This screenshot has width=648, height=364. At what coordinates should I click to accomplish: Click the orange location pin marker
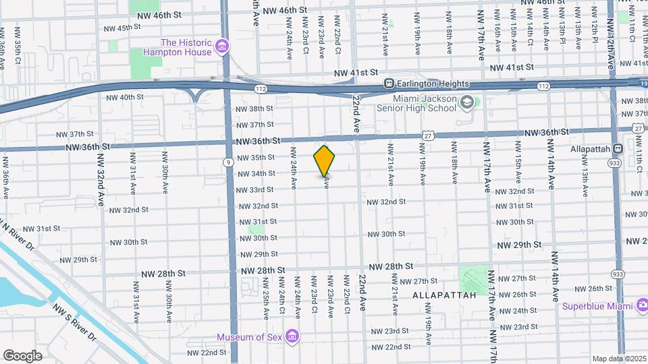(x=325, y=160)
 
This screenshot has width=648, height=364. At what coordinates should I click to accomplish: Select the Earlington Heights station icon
(x=389, y=84)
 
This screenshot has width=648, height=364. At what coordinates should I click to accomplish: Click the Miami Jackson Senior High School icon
(x=466, y=102)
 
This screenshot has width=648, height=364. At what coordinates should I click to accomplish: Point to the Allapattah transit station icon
(x=618, y=148)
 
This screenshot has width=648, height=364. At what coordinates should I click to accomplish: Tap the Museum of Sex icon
(x=292, y=336)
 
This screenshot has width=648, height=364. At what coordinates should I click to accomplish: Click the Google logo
(x=22, y=355)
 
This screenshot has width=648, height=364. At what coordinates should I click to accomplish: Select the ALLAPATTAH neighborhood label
(x=441, y=295)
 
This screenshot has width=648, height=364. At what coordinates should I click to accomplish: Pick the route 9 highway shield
(x=230, y=162)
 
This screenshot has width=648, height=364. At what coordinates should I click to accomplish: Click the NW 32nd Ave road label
(x=101, y=188)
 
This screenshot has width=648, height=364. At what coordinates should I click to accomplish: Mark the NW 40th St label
(x=126, y=97)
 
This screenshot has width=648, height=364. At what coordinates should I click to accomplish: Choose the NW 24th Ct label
(x=282, y=299)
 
